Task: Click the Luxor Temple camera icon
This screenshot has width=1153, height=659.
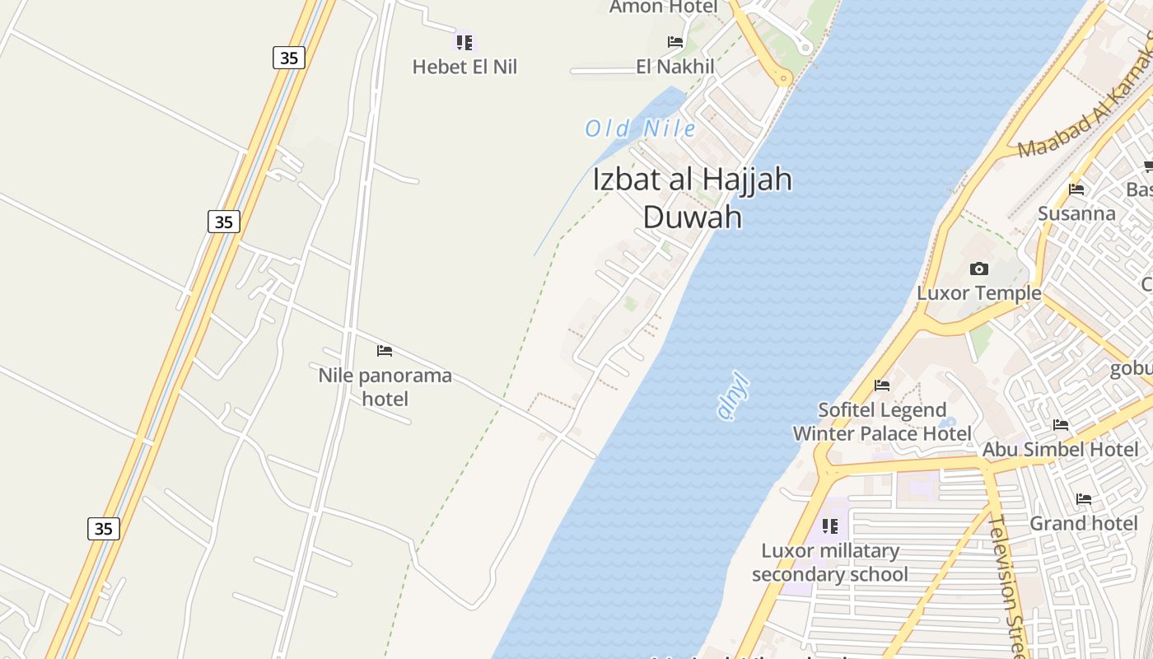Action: pos(979,269)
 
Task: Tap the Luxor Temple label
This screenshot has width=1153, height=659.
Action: pos(979,293)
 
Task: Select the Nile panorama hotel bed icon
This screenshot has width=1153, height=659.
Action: pos(385,351)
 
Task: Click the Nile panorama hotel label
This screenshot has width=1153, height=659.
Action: pos(385,387)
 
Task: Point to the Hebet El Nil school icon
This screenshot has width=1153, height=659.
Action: pos(464,42)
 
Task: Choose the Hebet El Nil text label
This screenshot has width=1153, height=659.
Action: pos(464,68)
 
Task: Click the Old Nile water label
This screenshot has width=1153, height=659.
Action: pos(640,129)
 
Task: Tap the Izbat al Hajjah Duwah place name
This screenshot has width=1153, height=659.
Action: pos(693,198)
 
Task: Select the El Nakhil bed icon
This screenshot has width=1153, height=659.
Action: pos(675,42)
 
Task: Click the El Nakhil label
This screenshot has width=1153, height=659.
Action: pos(675,67)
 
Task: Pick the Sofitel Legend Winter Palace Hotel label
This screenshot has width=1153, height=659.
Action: pos(882,422)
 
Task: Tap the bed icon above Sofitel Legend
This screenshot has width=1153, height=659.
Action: pos(882,385)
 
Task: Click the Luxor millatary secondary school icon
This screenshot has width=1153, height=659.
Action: pos(830,526)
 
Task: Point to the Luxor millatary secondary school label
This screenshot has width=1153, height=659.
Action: pos(830,563)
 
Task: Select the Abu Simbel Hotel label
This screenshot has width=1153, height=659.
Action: pos(1061,450)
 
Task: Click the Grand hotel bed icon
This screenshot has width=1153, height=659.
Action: pos(1084,499)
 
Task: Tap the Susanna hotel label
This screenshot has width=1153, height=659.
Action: pos(1076,214)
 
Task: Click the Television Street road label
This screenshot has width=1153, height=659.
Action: pos(1006,585)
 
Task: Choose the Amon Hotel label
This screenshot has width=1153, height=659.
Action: pos(664,7)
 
